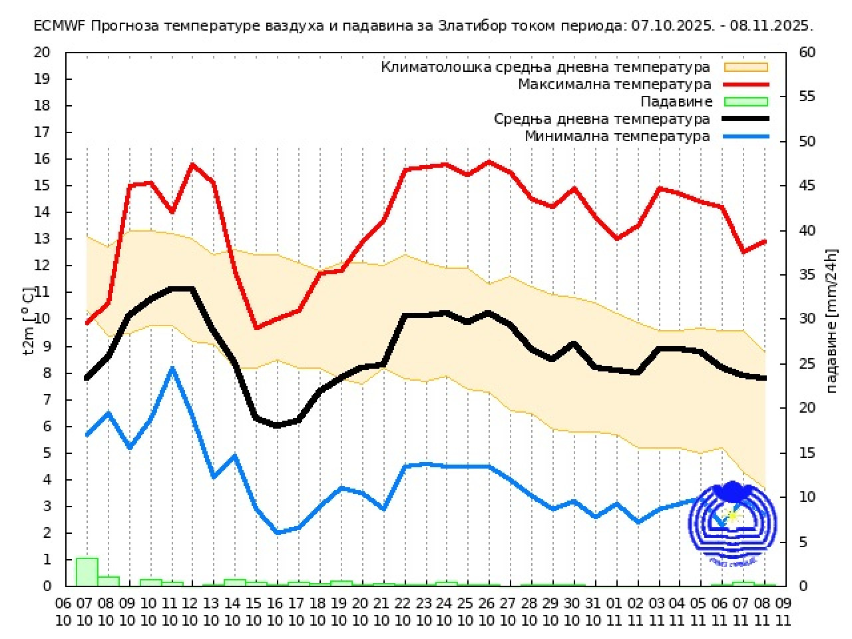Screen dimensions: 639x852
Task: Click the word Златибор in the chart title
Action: tap(471, 26)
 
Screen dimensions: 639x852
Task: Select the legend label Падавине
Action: tap(676, 102)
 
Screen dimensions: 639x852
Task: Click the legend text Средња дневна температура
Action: tap(602, 119)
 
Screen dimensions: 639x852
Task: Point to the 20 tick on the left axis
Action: tap(42, 53)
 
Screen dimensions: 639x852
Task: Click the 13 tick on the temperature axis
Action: tap(42, 239)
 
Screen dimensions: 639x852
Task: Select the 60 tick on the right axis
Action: tap(807, 53)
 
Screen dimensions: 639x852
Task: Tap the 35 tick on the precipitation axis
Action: tap(807, 275)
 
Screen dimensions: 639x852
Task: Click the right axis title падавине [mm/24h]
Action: tap(831, 321)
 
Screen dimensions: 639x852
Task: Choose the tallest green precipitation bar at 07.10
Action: tap(87, 572)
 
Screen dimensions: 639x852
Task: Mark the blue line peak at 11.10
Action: tap(172, 368)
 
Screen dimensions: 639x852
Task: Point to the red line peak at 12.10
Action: tap(193, 164)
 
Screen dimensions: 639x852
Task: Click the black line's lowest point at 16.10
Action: tap(277, 426)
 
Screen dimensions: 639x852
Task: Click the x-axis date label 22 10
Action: tap(403, 611)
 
